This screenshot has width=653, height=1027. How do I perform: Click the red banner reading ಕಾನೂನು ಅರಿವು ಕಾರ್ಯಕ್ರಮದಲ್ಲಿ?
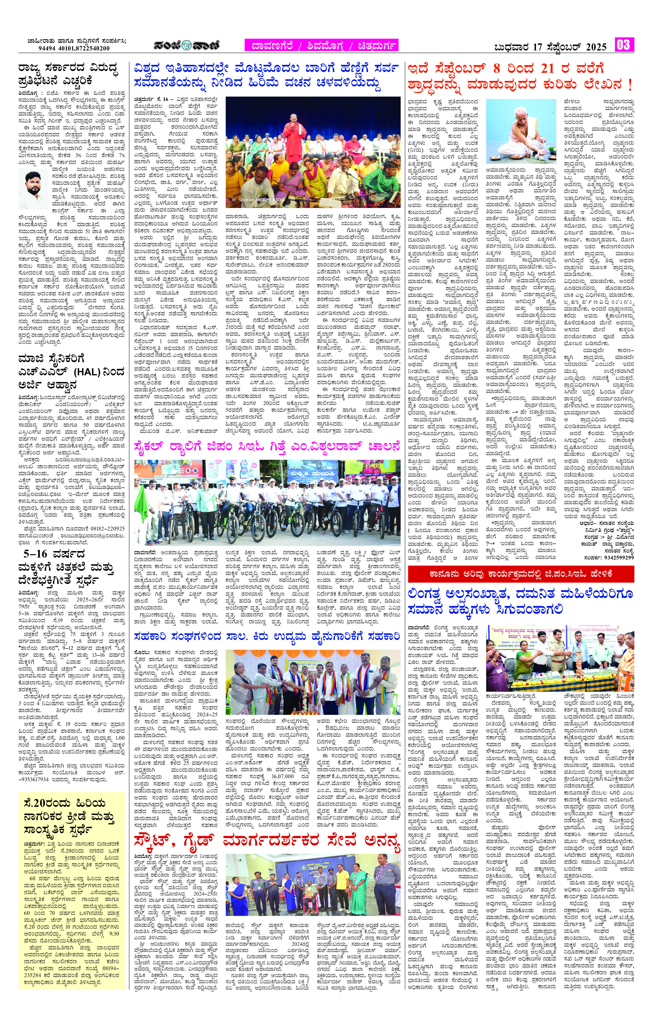coord(521,574)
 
